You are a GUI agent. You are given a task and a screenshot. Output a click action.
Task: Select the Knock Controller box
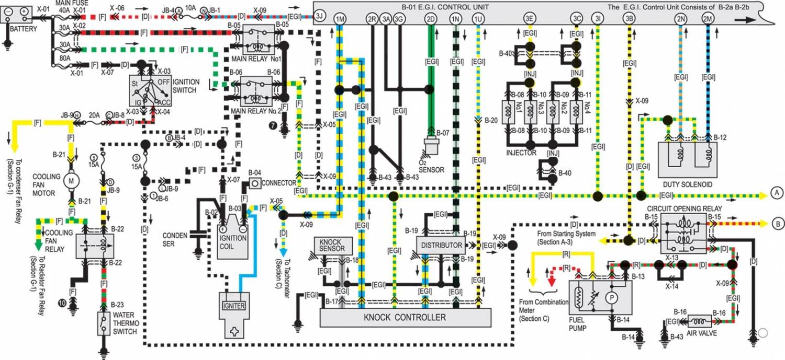tap(406, 317)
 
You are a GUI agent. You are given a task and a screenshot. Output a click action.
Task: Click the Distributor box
tap(440, 245)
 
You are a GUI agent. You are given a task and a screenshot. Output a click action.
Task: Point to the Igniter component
tap(234, 306)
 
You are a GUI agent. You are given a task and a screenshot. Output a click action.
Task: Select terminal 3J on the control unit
tap(320, 18)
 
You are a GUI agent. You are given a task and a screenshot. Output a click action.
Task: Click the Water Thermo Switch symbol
tap(104, 323)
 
